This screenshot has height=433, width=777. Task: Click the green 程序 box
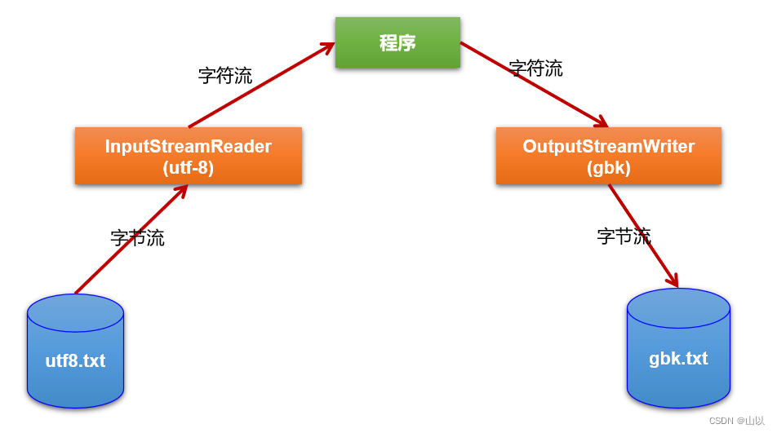[397, 42]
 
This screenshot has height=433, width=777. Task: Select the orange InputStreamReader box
[188, 155]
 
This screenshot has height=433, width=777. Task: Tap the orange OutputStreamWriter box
[608, 155]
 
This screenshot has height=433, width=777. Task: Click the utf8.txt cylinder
[75, 352]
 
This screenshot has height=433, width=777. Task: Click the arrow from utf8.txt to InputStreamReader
[131, 239]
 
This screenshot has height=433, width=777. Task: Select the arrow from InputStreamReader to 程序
[261, 86]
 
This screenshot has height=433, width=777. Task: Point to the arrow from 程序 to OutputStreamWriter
[535, 86]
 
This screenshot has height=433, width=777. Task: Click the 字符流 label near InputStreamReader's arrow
[225, 76]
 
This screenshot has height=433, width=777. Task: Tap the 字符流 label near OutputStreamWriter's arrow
[535, 68]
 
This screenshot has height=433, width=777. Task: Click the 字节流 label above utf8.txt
[137, 238]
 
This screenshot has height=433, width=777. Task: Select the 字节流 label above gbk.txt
[624, 236]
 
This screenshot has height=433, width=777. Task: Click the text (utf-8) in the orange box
[188, 169]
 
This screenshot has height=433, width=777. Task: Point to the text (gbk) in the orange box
[608, 169]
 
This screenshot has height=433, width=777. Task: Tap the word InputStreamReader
[188, 147]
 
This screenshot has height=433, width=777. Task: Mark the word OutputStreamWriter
[608, 147]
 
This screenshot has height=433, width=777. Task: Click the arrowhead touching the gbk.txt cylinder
[673, 281]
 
